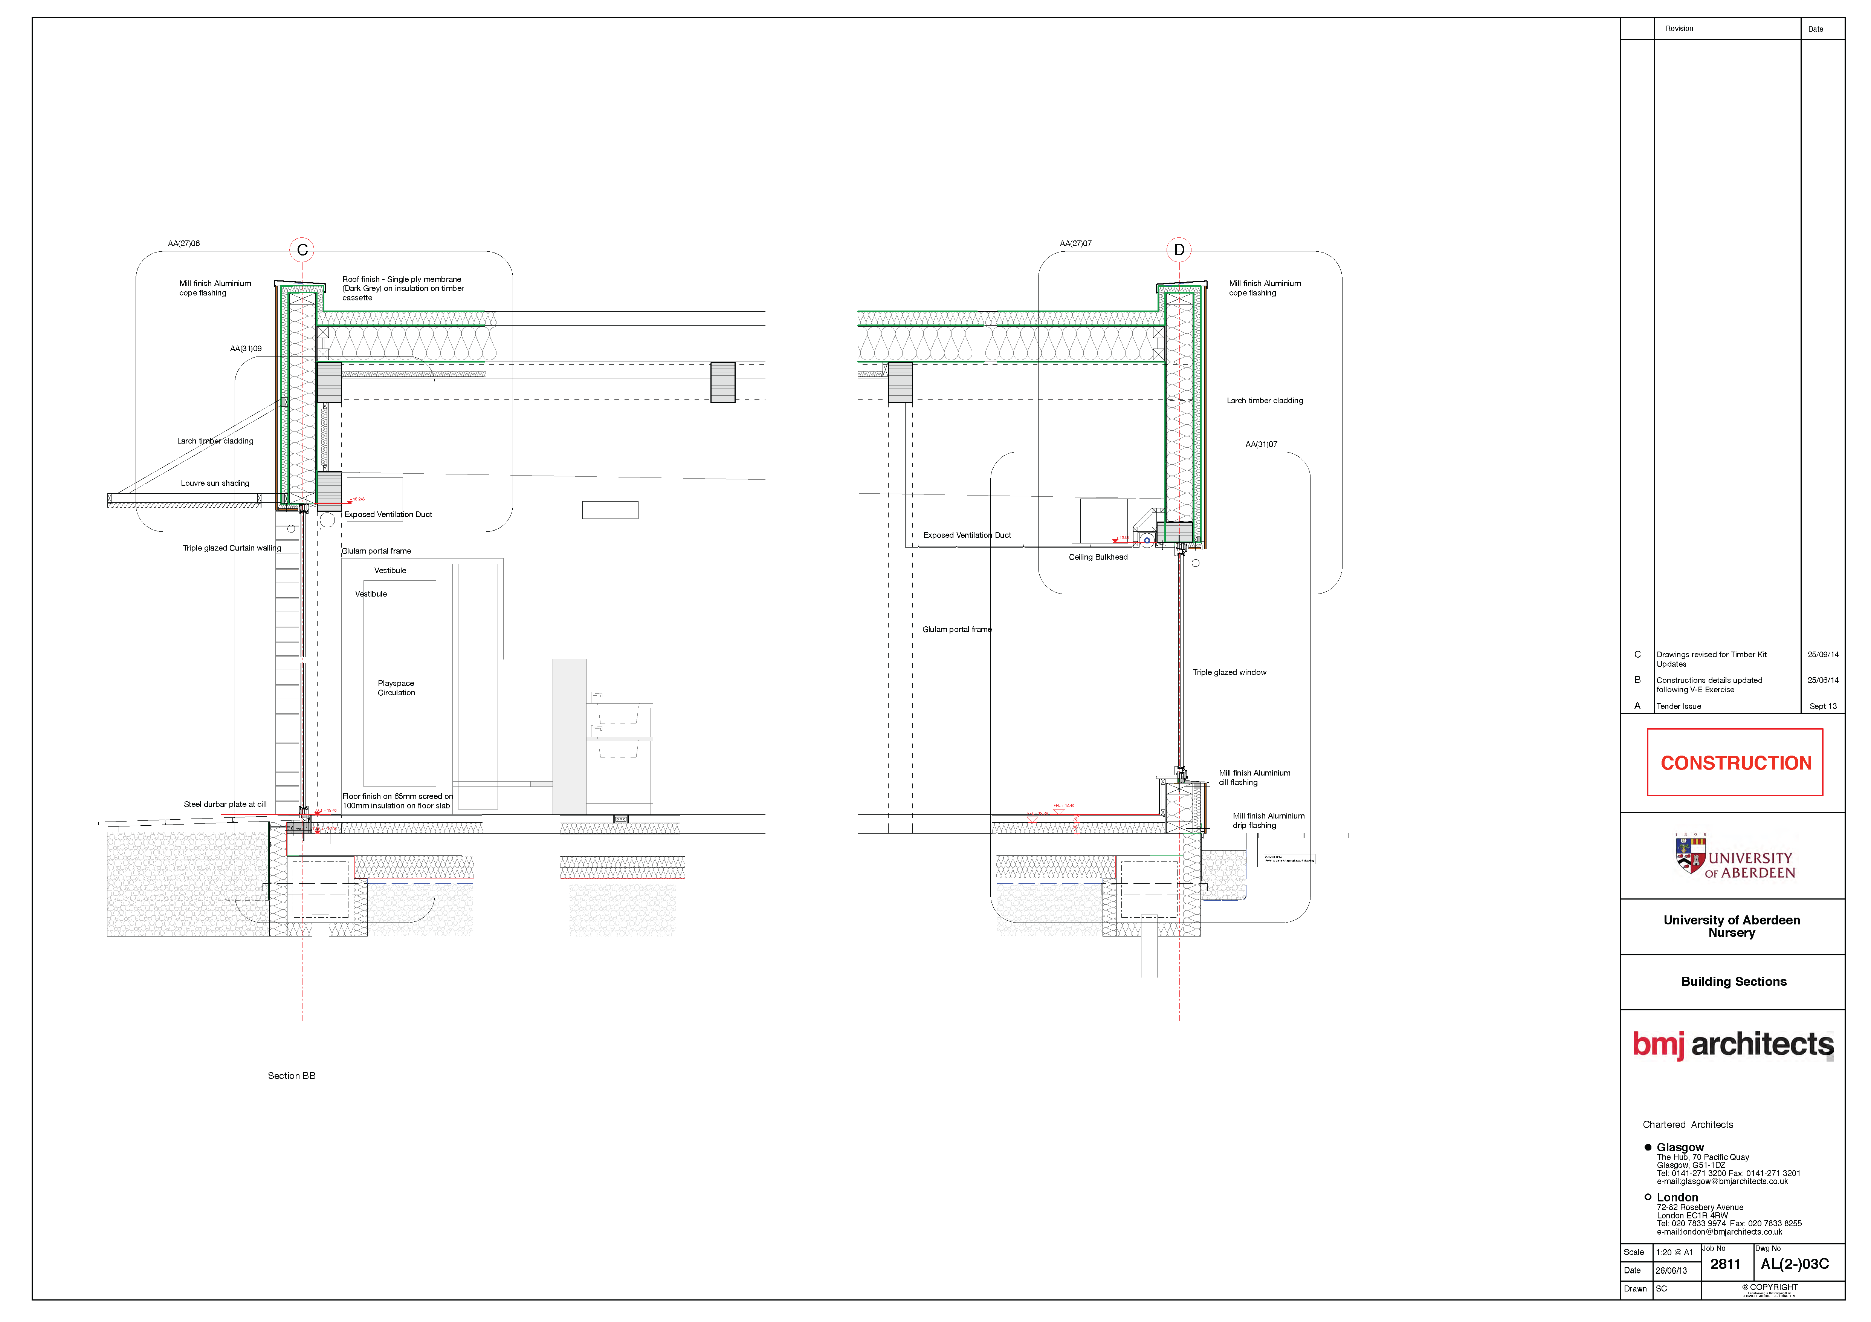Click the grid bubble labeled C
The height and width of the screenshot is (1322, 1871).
tap(302, 250)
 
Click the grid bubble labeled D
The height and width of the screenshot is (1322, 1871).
tap(1179, 250)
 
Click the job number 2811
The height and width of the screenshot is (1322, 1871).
tap(1725, 1264)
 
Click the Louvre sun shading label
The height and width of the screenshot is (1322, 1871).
tap(215, 484)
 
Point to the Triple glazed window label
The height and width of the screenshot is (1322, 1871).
tap(1229, 672)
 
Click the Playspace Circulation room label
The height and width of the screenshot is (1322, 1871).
tap(396, 688)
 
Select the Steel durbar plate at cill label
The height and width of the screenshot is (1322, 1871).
tap(225, 805)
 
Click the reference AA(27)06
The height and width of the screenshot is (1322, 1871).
tap(184, 244)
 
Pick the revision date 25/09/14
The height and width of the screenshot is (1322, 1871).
tap(1823, 655)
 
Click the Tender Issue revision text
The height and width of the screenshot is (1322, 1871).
tap(1679, 707)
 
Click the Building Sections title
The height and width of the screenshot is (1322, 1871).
tap(1733, 982)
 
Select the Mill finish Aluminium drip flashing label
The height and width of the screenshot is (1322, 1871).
tap(1268, 821)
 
